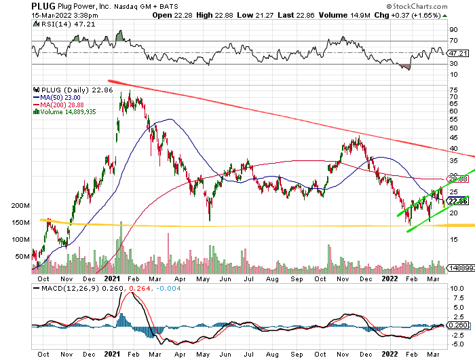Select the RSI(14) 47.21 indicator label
tap(58, 24)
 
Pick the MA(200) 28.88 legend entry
tap(64, 105)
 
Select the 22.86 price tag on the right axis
tap(459, 201)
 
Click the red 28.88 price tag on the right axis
tap(459, 179)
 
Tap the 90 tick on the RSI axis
tap(453, 29)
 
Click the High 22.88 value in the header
tap(225, 14)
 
